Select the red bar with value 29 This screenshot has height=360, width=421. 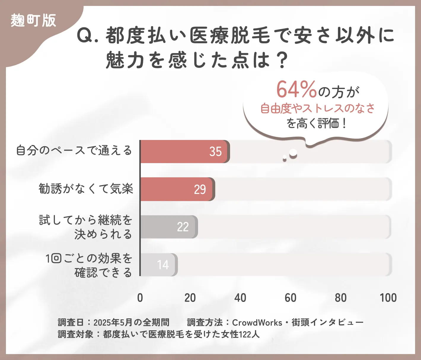[177, 189]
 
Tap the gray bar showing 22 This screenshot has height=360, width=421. [168, 227]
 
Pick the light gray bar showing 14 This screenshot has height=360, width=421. [159, 265]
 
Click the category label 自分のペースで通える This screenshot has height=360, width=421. [74, 151]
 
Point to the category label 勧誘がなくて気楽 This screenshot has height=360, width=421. [86, 189]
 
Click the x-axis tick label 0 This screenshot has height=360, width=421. [140, 298]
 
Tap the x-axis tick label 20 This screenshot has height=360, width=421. [190, 298]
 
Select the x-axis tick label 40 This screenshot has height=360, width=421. [240, 298]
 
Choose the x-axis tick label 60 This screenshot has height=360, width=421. [290, 298]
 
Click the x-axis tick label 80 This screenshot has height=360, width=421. [341, 298]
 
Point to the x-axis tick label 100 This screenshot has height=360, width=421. [388, 298]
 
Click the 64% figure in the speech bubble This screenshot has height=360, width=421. [296, 90]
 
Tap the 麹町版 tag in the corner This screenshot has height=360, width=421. [33, 21]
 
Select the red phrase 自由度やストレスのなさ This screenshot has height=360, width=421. [318, 108]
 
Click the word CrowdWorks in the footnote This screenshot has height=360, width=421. [257, 323]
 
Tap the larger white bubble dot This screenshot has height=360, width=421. [293, 153]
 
